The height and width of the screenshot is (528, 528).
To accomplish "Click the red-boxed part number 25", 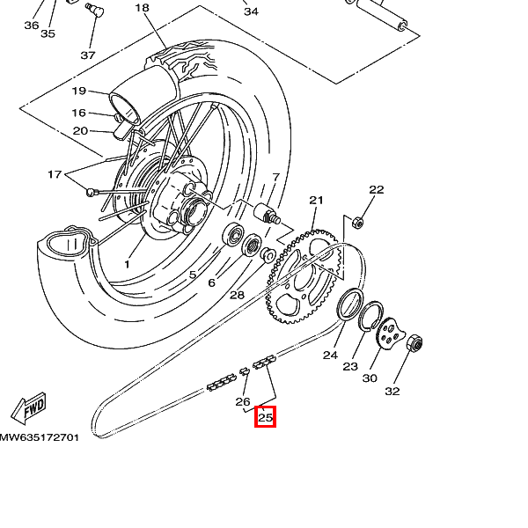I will pyautogui.click(x=265, y=417).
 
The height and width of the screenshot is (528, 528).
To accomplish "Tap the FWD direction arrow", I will pyautogui.click(x=28, y=408).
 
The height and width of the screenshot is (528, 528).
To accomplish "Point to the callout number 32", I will pyautogui.click(x=392, y=391).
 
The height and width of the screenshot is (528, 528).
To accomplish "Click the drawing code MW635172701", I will pyautogui.click(x=40, y=436).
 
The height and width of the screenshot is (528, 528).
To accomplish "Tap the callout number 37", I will pyautogui.click(x=88, y=55).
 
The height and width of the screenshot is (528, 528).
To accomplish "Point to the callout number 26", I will pyautogui.click(x=243, y=401).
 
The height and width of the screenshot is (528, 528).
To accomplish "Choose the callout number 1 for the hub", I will pyautogui.click(x=127, y=263).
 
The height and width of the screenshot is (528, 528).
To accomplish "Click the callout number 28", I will pyautogui.click(x=237, y=295).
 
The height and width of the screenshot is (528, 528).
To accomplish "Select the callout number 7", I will pyautogui.click(x=275, y=177).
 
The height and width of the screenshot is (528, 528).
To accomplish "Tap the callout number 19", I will pyautogui.click(x=78, y=92).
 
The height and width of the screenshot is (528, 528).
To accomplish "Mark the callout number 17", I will pyautogui.click(x=55, y=174).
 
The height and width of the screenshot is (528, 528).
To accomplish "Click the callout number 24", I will pyautogui.click(x=330, y=356).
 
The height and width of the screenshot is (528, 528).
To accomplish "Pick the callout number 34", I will pyautogui.click(x=251, y=11).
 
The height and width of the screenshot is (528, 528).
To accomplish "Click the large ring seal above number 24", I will pyautogui.click(x=352, y=304).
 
